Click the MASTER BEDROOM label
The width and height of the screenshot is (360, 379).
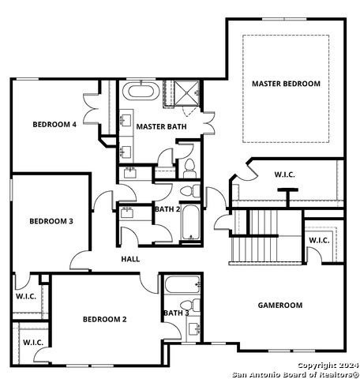(x=286, y=84)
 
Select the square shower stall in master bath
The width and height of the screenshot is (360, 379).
(x=187, y=93)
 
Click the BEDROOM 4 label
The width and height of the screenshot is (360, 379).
(x=54, y=124)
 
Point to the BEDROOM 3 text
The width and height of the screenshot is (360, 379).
(x=51, y=221)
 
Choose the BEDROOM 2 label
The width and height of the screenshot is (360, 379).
(x=105, y=319)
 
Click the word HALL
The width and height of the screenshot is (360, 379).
(x=130, y=259)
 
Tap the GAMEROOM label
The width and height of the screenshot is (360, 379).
(x=280, y=306)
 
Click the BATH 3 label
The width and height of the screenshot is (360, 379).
(x=176, y=313)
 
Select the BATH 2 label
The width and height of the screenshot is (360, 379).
(x=167, y=209)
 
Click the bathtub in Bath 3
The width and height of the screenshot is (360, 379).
(x=182, y=284)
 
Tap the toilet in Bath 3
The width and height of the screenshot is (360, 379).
(x=191, y=305)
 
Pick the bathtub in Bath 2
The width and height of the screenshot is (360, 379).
(x=191, y=223)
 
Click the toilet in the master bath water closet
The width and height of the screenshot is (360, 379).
(x=189, y=168)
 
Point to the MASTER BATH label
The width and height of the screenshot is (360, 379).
(x=161, y=126)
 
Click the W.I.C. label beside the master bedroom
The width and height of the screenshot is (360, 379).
(x=284, y=174)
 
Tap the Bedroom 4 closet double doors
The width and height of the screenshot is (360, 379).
(x=91, y=109)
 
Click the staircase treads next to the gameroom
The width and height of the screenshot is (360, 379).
(x=266, y=235)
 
